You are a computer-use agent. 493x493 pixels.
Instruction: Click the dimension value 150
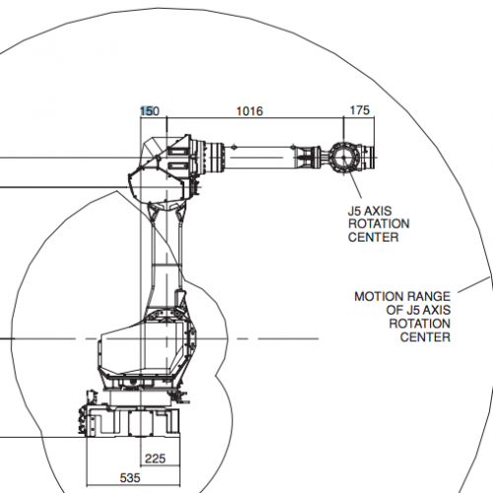tap(150, 111)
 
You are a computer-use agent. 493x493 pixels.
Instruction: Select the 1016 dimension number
tap(249, 111)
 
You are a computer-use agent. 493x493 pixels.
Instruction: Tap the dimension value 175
tap(360, 110)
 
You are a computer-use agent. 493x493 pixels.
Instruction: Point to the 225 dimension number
tap(155, 458)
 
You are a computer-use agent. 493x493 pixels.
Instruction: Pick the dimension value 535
tap(130, 478)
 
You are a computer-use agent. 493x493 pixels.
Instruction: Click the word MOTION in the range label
tap(378, 297)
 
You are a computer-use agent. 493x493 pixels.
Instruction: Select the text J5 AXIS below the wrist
tap(370, 211)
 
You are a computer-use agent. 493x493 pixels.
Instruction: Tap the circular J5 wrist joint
tap(343, 158)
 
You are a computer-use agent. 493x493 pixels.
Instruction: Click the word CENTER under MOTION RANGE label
tap(425, 337)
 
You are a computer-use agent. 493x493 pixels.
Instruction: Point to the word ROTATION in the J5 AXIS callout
tap(379, 224)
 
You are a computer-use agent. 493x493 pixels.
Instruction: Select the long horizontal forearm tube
tap(259, 158)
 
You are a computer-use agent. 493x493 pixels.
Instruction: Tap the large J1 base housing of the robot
tap(147, 348)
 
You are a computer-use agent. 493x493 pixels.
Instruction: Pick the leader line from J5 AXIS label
tap(355, 185)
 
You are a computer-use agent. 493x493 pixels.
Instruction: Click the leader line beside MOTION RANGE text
tap(473, 285)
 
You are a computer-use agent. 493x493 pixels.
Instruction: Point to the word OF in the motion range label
tap(392, 311)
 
